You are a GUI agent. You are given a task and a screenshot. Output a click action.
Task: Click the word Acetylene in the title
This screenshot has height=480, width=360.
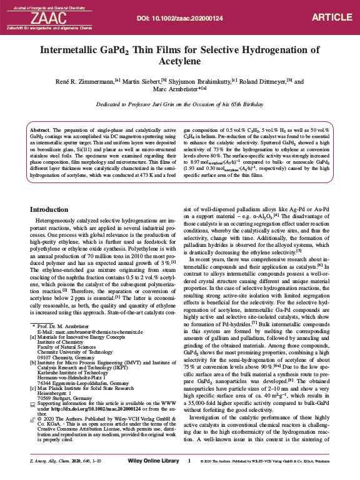tap(180, 63)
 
